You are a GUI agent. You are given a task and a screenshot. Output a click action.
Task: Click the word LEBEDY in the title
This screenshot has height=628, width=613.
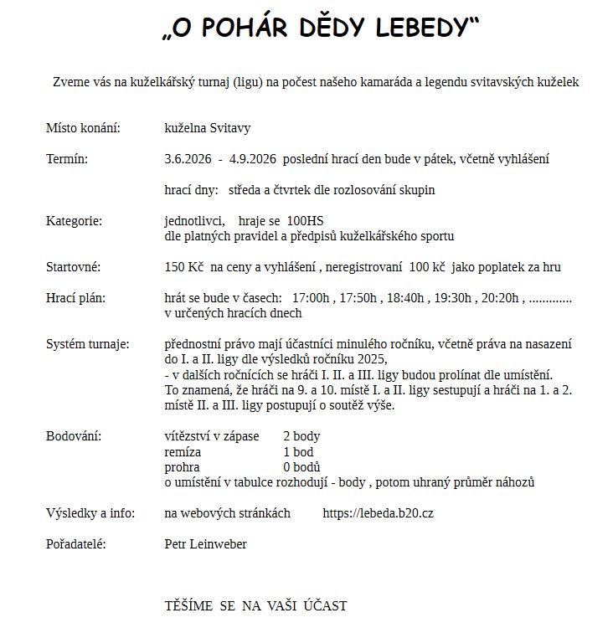420,28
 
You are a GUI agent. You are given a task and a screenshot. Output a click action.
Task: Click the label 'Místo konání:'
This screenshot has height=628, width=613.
83,128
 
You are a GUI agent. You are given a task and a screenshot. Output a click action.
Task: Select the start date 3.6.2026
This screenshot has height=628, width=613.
188,159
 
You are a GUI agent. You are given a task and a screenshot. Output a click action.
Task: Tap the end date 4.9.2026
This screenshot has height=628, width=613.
251,159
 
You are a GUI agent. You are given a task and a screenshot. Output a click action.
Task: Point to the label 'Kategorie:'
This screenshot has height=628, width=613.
74,221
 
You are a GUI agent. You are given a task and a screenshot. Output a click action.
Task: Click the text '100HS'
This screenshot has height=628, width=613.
305,221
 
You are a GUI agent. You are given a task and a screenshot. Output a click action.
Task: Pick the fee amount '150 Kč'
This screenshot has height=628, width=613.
184,267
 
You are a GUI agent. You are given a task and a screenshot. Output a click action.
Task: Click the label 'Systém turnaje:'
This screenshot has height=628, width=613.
87,344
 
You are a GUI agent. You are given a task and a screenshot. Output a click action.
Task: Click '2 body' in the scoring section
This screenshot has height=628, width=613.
301,436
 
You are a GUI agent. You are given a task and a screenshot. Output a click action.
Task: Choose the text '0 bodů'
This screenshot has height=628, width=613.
302,467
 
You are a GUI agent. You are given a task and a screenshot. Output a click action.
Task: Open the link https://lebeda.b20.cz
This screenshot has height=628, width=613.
378,513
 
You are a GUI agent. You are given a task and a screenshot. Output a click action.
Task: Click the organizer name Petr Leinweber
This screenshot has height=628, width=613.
206,544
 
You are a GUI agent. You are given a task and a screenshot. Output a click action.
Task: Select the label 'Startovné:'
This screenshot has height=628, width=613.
74,267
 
